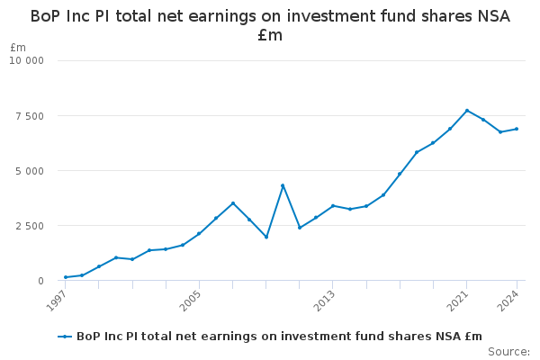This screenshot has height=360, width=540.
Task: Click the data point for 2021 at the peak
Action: [467, 111]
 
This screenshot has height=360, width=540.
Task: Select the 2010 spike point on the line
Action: [283, 185]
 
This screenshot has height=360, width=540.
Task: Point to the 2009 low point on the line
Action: [266, 237]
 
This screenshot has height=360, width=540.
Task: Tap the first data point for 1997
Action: [66, 277]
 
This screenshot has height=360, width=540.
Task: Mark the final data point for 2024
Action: [517, 129]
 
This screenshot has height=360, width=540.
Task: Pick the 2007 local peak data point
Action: [233, 203]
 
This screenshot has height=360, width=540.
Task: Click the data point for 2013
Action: [333, 206]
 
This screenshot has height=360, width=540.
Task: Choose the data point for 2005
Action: [199, 234]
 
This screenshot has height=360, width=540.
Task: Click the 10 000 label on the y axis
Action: [26, 60]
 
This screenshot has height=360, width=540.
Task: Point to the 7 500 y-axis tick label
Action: [30, 116]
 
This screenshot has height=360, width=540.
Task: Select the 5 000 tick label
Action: [30, 171]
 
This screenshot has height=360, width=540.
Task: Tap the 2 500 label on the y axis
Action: [30, 226]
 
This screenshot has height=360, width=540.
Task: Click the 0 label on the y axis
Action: [41, 281]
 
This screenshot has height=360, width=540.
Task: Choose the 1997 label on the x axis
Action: [57, 301]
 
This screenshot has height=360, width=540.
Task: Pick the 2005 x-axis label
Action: [191, 301]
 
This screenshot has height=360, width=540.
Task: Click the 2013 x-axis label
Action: [325, 301]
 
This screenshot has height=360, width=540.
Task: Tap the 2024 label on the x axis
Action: [508, 301]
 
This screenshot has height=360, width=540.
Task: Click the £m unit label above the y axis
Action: [18, 47]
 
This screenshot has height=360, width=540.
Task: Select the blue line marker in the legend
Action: [65, 337]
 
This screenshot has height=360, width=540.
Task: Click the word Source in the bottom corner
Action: [508, 352]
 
